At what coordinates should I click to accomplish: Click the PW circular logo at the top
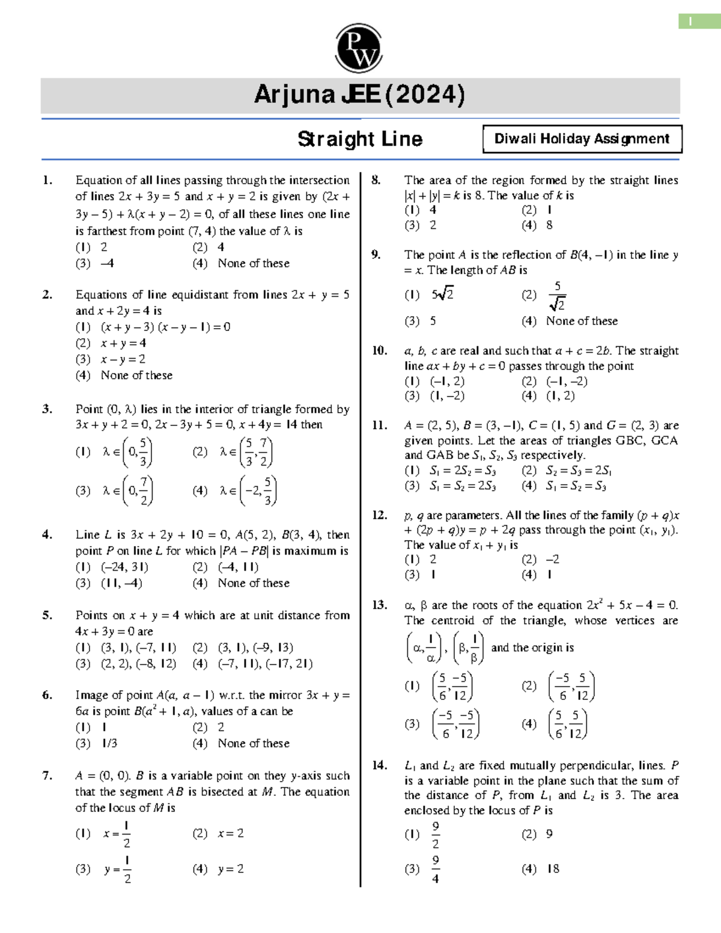(359, 48)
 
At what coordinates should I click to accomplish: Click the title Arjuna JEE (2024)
(359, 95)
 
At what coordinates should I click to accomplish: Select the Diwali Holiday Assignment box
(582, 139)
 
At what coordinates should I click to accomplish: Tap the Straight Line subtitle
(360, 139)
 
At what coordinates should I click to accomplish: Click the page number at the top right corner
(690, 22)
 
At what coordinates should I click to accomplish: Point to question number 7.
(47, 776)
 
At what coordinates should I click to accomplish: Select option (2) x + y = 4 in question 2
(123, 343)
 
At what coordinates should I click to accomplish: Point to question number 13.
(379, 605)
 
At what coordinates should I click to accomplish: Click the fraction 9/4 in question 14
(436, 869)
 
